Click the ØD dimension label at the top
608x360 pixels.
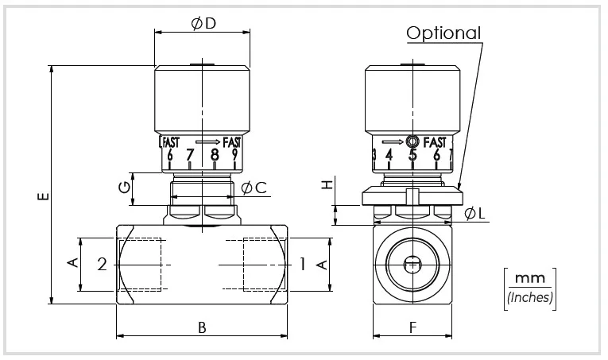point(203,24)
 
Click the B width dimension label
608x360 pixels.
point(202,327)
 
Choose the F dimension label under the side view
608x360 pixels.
point(412,327)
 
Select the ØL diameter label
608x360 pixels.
point(474,213)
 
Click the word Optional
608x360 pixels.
point(444,33)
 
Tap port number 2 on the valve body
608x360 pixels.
point(102,265)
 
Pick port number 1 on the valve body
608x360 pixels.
point(302,264)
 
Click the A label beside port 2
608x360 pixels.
point(72,263)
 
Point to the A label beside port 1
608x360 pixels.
point(323,263)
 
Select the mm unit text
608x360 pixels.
point(529,279)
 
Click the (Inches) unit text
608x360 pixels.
point(529,297)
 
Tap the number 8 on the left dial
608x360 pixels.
point(214,155)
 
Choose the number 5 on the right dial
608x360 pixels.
point(412,155)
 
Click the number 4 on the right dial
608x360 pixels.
point(389,155)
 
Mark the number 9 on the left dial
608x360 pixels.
point(234,155)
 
